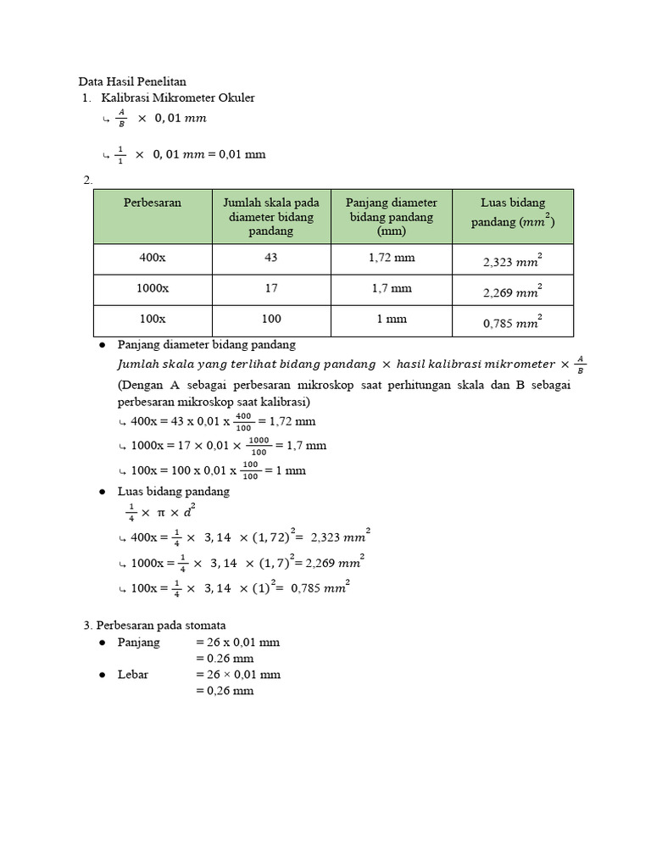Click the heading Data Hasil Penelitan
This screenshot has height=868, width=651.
point(132,82)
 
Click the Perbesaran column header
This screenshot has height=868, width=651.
point(153,203)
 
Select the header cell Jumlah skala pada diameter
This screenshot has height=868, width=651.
point(271,216)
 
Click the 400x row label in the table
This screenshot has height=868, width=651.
point(153,258)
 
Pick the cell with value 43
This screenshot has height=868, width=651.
point(271,258)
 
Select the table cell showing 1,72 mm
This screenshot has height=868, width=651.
point(391,258)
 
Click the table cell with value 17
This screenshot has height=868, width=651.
point(271,288)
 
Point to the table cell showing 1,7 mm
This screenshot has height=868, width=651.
point(391,288)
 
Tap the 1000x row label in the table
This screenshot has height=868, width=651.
point(153,288)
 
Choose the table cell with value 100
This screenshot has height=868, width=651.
point(271,319)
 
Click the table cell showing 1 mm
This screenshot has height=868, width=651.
point(391,319)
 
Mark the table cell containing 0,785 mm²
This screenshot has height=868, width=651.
point(512,321)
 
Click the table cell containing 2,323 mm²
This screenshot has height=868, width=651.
point(512,261)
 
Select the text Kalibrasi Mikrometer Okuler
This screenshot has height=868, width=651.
point(178,98)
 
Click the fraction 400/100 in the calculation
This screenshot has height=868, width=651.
point(243,420)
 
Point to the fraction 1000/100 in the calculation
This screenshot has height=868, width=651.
point(259,445)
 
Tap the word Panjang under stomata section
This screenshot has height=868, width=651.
point(139,643)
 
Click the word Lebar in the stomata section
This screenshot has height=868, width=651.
point(134,675)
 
